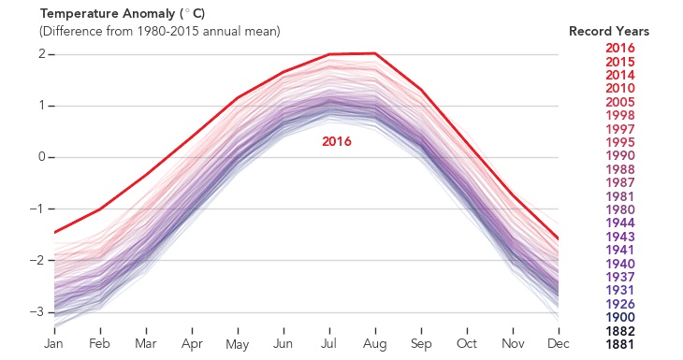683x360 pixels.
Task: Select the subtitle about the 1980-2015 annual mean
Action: click(x=159, y=32)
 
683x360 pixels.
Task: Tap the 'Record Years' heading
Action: click(x=609, y=32)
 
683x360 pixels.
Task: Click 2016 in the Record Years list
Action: click(x=620, y=48)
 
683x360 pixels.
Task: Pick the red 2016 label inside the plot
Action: click(x=337, y=141)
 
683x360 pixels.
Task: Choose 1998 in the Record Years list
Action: click(x=620, y=115)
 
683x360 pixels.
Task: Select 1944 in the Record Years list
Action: click(x=620, y=223)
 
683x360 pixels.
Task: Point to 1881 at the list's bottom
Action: click(x=620, y=345)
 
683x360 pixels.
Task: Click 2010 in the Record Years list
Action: click(x=620, y=88)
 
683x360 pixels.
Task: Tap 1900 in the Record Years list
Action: click(x=620, y=318)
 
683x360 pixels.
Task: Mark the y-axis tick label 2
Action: click(x=42, y=54)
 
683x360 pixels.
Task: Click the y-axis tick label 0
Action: click(x=42, y=157)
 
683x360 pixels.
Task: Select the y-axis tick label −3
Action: click(x=38, y=311)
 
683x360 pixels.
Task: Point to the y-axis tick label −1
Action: click(x=38, y=209)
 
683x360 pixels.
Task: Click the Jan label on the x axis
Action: click(x=54, y=343)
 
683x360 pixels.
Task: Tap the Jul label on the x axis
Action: click(x=329, y=343)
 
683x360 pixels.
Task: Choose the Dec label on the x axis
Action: click(x=559, y=343)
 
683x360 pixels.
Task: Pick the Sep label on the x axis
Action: click(x=421, y=343)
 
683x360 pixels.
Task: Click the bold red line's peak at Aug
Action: click(x=375, y=53)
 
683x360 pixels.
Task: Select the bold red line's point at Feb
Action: click(x=100, y=209)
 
